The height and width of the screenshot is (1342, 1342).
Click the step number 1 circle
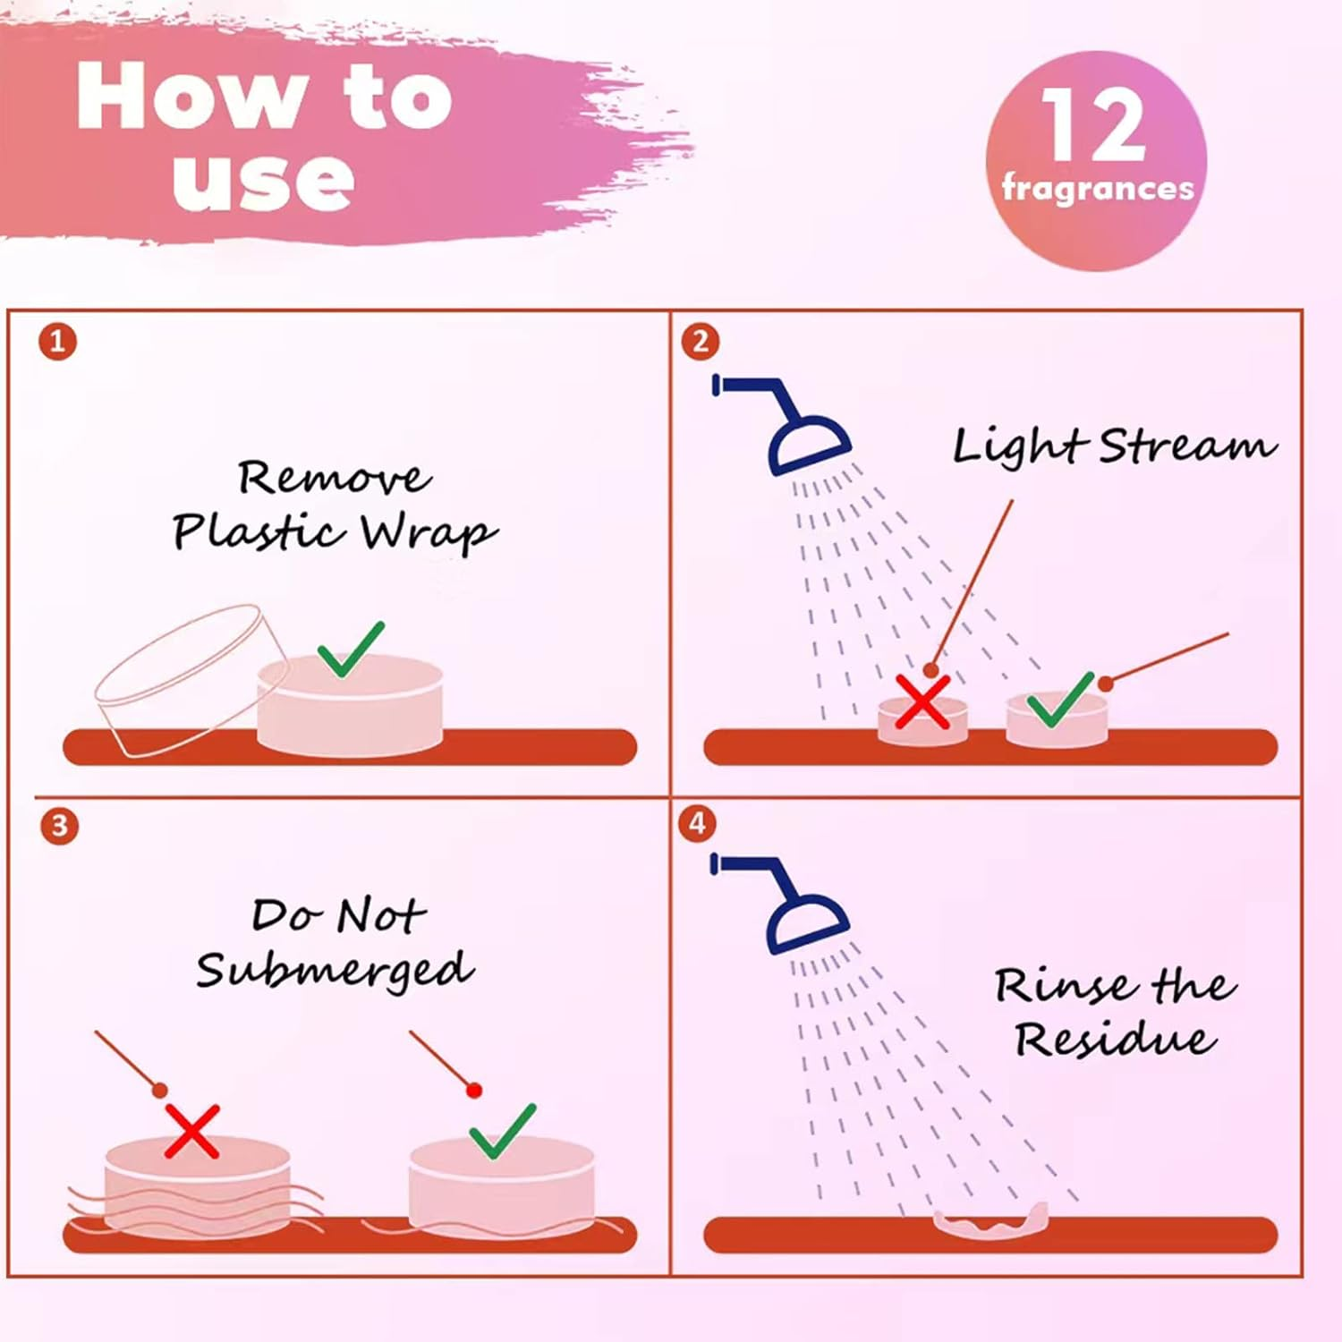(x=58, y=342)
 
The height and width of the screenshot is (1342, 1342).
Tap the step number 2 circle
(x=701, y=342)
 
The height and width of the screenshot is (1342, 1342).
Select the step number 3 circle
(x=59, y=825)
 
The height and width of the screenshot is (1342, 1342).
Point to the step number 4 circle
(x=698, y=823)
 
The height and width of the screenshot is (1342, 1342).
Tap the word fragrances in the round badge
(x=1098, y=188)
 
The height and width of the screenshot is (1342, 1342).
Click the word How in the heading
(x=192, y=97)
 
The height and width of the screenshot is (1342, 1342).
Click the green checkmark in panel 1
(x=350, y=650)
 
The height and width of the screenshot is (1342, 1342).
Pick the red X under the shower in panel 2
(x=922, y=701)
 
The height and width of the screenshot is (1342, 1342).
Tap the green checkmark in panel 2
(x=1061, y=700)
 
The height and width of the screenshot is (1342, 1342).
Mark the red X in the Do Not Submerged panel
(x=192, y=1132)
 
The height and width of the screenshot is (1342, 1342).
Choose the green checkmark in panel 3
(x=502, y=1132)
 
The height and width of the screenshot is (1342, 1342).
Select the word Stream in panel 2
(x=1187, y=446)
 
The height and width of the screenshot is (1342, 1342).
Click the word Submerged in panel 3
(x=335, y=971)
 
